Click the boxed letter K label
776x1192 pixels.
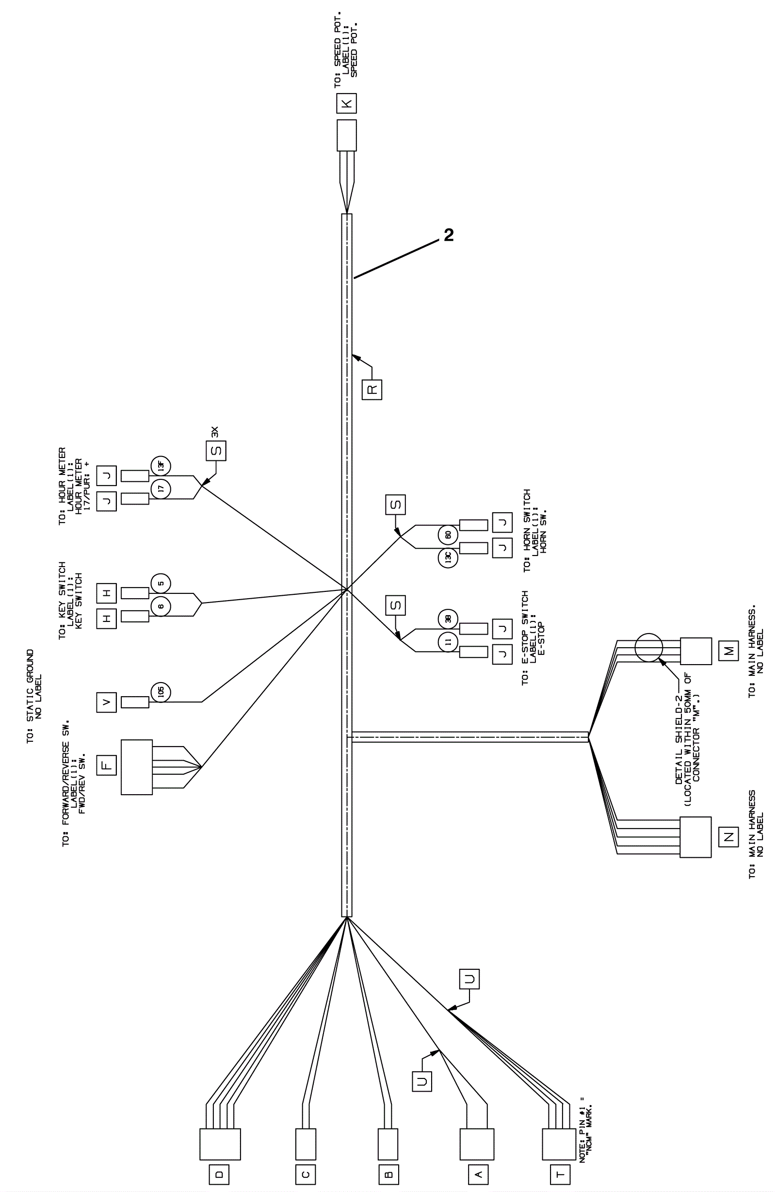click(x=346, y=103)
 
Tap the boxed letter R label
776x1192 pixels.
click(x=372, y=389)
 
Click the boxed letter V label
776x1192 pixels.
click(x=107, y=702)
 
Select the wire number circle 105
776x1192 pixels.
click(x=161, y=692)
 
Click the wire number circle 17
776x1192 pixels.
click(x=161, y=489)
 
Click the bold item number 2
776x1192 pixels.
click(x=449, y=235)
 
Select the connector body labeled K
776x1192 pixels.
click(x=346, y=135)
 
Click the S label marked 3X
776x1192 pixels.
click(x=216, y=450)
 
